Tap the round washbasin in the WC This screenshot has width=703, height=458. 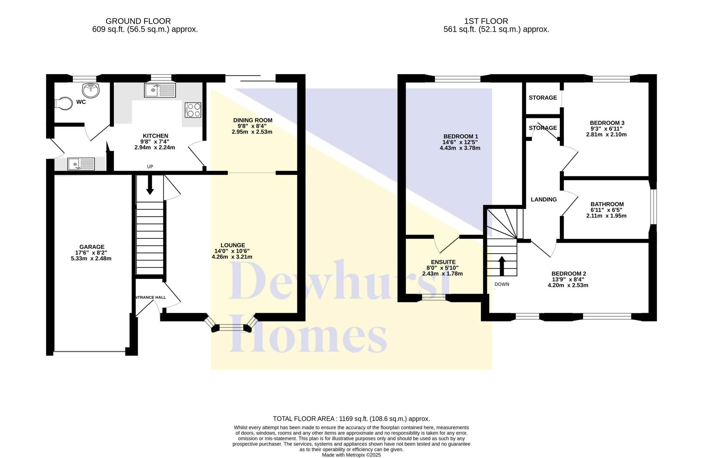click(x=91, y=90)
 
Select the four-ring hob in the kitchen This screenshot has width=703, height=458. click(x=193, y=110)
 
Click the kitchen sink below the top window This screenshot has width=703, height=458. click(x=160, y=90)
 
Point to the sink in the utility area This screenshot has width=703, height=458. click(x=81, y=164)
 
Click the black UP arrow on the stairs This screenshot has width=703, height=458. click(x=150, y=185)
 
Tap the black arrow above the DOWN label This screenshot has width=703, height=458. click(x=502, y=266)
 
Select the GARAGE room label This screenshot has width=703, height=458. click(x=92, y=247)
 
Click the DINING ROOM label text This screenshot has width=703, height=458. click(x=253, y=120)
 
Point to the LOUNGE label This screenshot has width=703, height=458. click(x=233, y=245)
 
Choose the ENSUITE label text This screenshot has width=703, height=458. click(x=443, y=262)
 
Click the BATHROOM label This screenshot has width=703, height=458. click(x=607, y=204)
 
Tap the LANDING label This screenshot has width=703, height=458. click(x=544, y=199)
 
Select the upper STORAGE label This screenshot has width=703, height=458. click(x=543, y=97)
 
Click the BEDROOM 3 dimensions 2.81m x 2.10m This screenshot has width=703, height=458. click(x=606, y=134)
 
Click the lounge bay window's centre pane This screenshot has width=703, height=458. click(x=231, y=328)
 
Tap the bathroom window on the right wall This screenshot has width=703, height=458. click(x=653, y=206)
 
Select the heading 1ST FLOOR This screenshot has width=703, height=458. click(x=486, y=21)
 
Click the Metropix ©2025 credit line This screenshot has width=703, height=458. click(x=351, y=455)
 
